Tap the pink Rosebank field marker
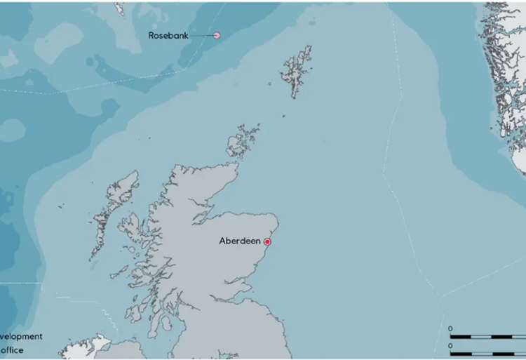pyautogui.click(x=217, y=35)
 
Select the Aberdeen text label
pyautogui.click(x=239, y=241)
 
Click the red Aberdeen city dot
pyautogui.click(x=267, y=241)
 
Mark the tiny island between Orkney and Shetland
pyautogui.click(x=283, y=116)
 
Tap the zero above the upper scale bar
pyautogui.click(x=451, y=328)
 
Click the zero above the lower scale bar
pyautogui.click(x=451, y=345)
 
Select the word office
pyautogui.click(x=13, y=349)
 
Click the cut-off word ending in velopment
pyautogui.click(x=21, y=336)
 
